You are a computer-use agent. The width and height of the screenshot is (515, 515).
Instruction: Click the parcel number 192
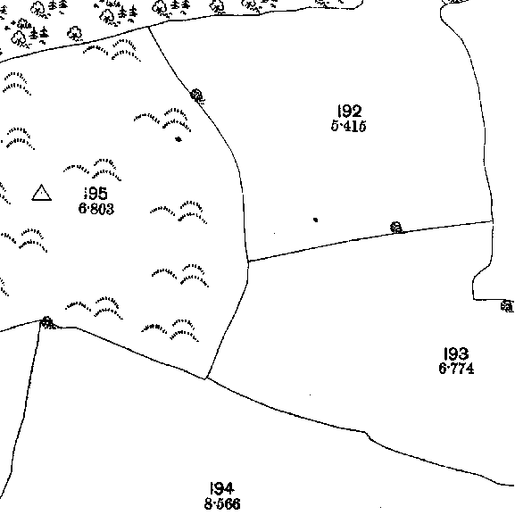(350, 111)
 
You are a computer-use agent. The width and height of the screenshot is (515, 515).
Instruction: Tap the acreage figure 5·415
(348, 126)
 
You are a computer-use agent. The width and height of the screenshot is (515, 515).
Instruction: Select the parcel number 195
(96, 193)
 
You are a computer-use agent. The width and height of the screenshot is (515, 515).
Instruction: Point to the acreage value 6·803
(96, 209)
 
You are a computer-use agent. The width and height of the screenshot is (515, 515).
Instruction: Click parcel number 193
(456, 353)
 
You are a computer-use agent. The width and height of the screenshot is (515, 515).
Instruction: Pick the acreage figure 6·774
(456, 369)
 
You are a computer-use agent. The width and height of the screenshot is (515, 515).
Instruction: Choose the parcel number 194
(221, 488)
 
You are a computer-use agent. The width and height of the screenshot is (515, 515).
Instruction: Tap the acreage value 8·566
(222, 503)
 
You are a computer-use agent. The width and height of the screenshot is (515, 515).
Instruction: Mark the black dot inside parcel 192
(315, 220)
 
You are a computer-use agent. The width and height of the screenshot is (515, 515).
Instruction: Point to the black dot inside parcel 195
(179, 139)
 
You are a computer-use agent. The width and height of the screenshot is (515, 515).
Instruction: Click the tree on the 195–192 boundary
(197, 96)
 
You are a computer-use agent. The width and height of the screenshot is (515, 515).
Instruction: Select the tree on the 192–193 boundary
(396, 228)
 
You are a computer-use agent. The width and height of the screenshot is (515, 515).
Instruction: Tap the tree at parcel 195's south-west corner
(48, 322)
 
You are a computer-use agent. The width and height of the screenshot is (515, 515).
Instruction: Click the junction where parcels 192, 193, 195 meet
(248, 262)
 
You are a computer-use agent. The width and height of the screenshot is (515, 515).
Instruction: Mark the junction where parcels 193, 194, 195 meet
(206, 378)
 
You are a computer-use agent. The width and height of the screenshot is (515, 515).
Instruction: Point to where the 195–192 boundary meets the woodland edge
(149, 27)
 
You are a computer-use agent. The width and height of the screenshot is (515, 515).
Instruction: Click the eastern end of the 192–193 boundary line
(493, 221)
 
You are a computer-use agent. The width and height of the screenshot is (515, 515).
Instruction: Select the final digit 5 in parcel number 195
(103, 193)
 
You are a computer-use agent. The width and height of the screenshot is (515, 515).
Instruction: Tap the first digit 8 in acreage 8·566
(208, 503)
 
